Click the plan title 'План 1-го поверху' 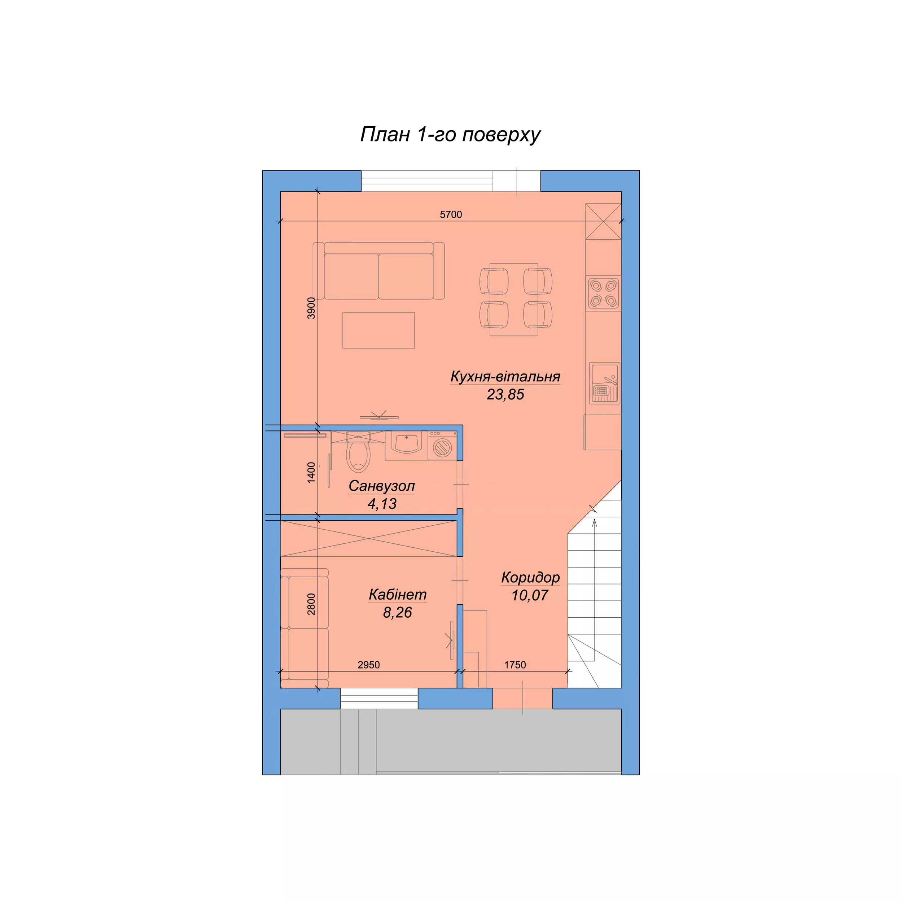click(x=450, y=135)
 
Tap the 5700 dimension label click(x=451, y=215)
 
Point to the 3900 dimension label click(x=311, y=308)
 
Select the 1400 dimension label click(x=311, y=473)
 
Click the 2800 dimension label click(x=311, y=604)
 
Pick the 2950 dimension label click(x=369, y=665)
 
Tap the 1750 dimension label click(x=515, y=665)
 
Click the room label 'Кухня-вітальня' click(x=505, y=376)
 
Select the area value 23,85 click(x=505, y=394)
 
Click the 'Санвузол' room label click(x=381, y=486)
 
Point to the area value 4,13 click(x=382, y=504)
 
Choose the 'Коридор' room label click(x=530, y=578)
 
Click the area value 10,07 click(x=530, y=595)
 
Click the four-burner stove click(x=603, y=293)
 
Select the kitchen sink click(x=605, y=383)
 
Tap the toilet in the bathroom click(x=358, y=451)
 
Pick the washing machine click(x=442, y=446)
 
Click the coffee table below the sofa click(x=378, y=330)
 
